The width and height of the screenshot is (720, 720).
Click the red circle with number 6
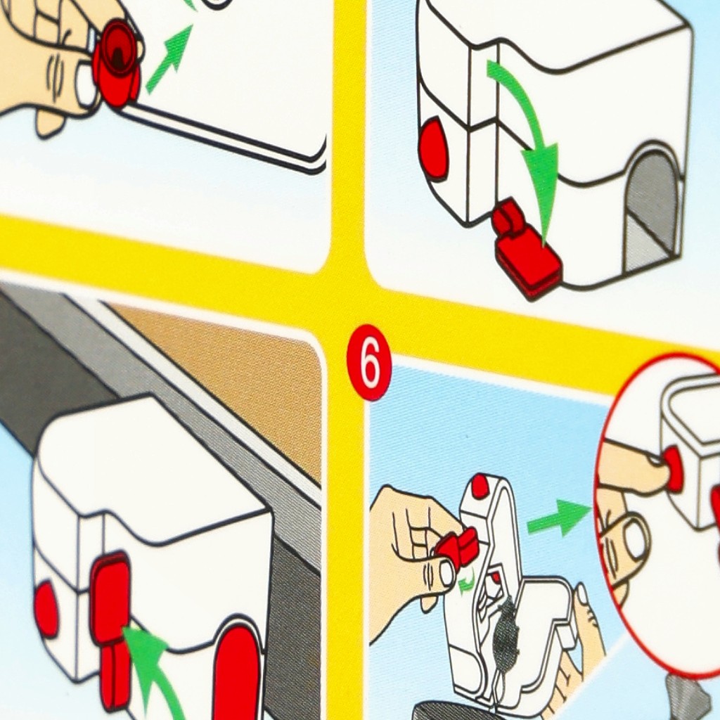368,362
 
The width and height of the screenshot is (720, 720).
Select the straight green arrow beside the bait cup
169,58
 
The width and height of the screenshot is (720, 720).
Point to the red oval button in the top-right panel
433,146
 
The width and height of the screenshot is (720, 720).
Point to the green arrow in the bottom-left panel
154,670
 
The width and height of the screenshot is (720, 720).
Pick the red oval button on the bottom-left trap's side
46,609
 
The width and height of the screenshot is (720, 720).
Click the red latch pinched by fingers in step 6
458,547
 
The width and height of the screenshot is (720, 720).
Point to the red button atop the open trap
480,487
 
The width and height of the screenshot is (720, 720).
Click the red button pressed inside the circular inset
673,470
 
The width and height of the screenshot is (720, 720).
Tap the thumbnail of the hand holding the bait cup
85,84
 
